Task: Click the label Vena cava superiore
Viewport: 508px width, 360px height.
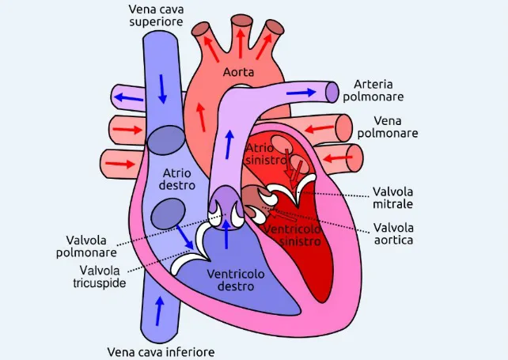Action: tap(156, 15)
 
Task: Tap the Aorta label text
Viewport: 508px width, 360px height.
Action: tap(238, 72)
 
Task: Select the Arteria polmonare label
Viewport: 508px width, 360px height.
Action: tap(373, 90)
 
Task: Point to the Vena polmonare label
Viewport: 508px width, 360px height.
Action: tap(388, 127)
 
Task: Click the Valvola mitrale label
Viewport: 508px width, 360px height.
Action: tap(392, 198)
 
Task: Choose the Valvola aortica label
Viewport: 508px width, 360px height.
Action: tap(393, 234)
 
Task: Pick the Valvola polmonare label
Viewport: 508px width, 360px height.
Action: tap(86, 247)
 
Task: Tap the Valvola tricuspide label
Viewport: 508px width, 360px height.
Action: tap(100, 277)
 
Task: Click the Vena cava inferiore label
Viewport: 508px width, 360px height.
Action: tap(161, 352)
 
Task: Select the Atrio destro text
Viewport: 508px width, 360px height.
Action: tap(177, 179)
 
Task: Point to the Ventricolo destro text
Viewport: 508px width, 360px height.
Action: tap(236, 280)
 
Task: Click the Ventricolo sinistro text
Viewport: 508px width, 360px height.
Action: tap(293, 235)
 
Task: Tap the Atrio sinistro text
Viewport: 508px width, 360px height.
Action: tap(266, 154)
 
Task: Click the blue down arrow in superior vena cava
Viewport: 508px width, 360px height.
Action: tap(162, 89)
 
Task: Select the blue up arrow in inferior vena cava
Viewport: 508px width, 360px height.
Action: tap(159, 311)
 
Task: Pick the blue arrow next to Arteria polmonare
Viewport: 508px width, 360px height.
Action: tap(301, 93)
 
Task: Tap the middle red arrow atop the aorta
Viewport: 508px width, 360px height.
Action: tap(240, 43)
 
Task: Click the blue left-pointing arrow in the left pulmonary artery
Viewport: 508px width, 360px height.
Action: tap(129, 97)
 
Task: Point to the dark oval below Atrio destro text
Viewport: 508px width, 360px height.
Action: tap(169, 214)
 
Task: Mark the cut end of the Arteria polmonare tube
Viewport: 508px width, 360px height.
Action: tap(332, 93)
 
